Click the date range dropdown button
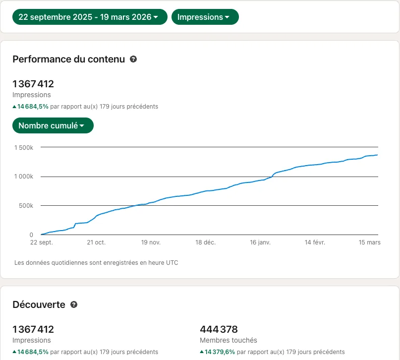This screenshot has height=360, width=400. pyautogui.click(x=90, y=17)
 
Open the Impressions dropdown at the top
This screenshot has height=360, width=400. pyautogui.click(x=205, y=17)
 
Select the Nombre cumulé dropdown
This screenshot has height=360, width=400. pyautogui.click(x=53, y=125)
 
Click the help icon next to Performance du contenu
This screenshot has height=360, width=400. pyautogui.click(x=133, y=59)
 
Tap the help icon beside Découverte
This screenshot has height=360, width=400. pyautogui.click(x=74, y=304)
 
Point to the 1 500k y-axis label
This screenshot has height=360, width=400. pyautogui.click(x=24, y=148)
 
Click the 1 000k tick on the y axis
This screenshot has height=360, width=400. pyautogui.click(x=24, y=177)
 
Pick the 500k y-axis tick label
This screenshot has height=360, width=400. pyautogui.click(x=26, y=206)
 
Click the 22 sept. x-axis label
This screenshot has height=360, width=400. pyautogui.click(x=42, y=242)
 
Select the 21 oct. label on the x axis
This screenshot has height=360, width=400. pyautogui.click(x=96, y=242)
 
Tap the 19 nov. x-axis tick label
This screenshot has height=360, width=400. pyautogui.click(x=151, y=242)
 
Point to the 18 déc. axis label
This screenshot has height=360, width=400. pyautogui.click(x=206, y=242)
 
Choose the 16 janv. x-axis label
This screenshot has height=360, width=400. pyautogui.click(x=260, y=242)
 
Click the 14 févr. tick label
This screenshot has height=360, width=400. pyautogui.click(x=315, y=242)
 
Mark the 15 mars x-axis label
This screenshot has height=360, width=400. pyautogui.click(x=369, y=242)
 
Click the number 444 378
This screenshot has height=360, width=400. pyautogui.click(x=219, y=329)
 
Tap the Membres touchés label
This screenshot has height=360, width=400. pyautogui.click(x=229, y=340)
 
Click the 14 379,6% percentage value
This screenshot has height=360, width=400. pyautogui.click(x=220, y=352)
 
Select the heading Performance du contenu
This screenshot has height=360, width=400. pyautogui.click(x=68, y=59)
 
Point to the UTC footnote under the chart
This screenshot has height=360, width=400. pyautogui.click(x=96, y=263)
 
